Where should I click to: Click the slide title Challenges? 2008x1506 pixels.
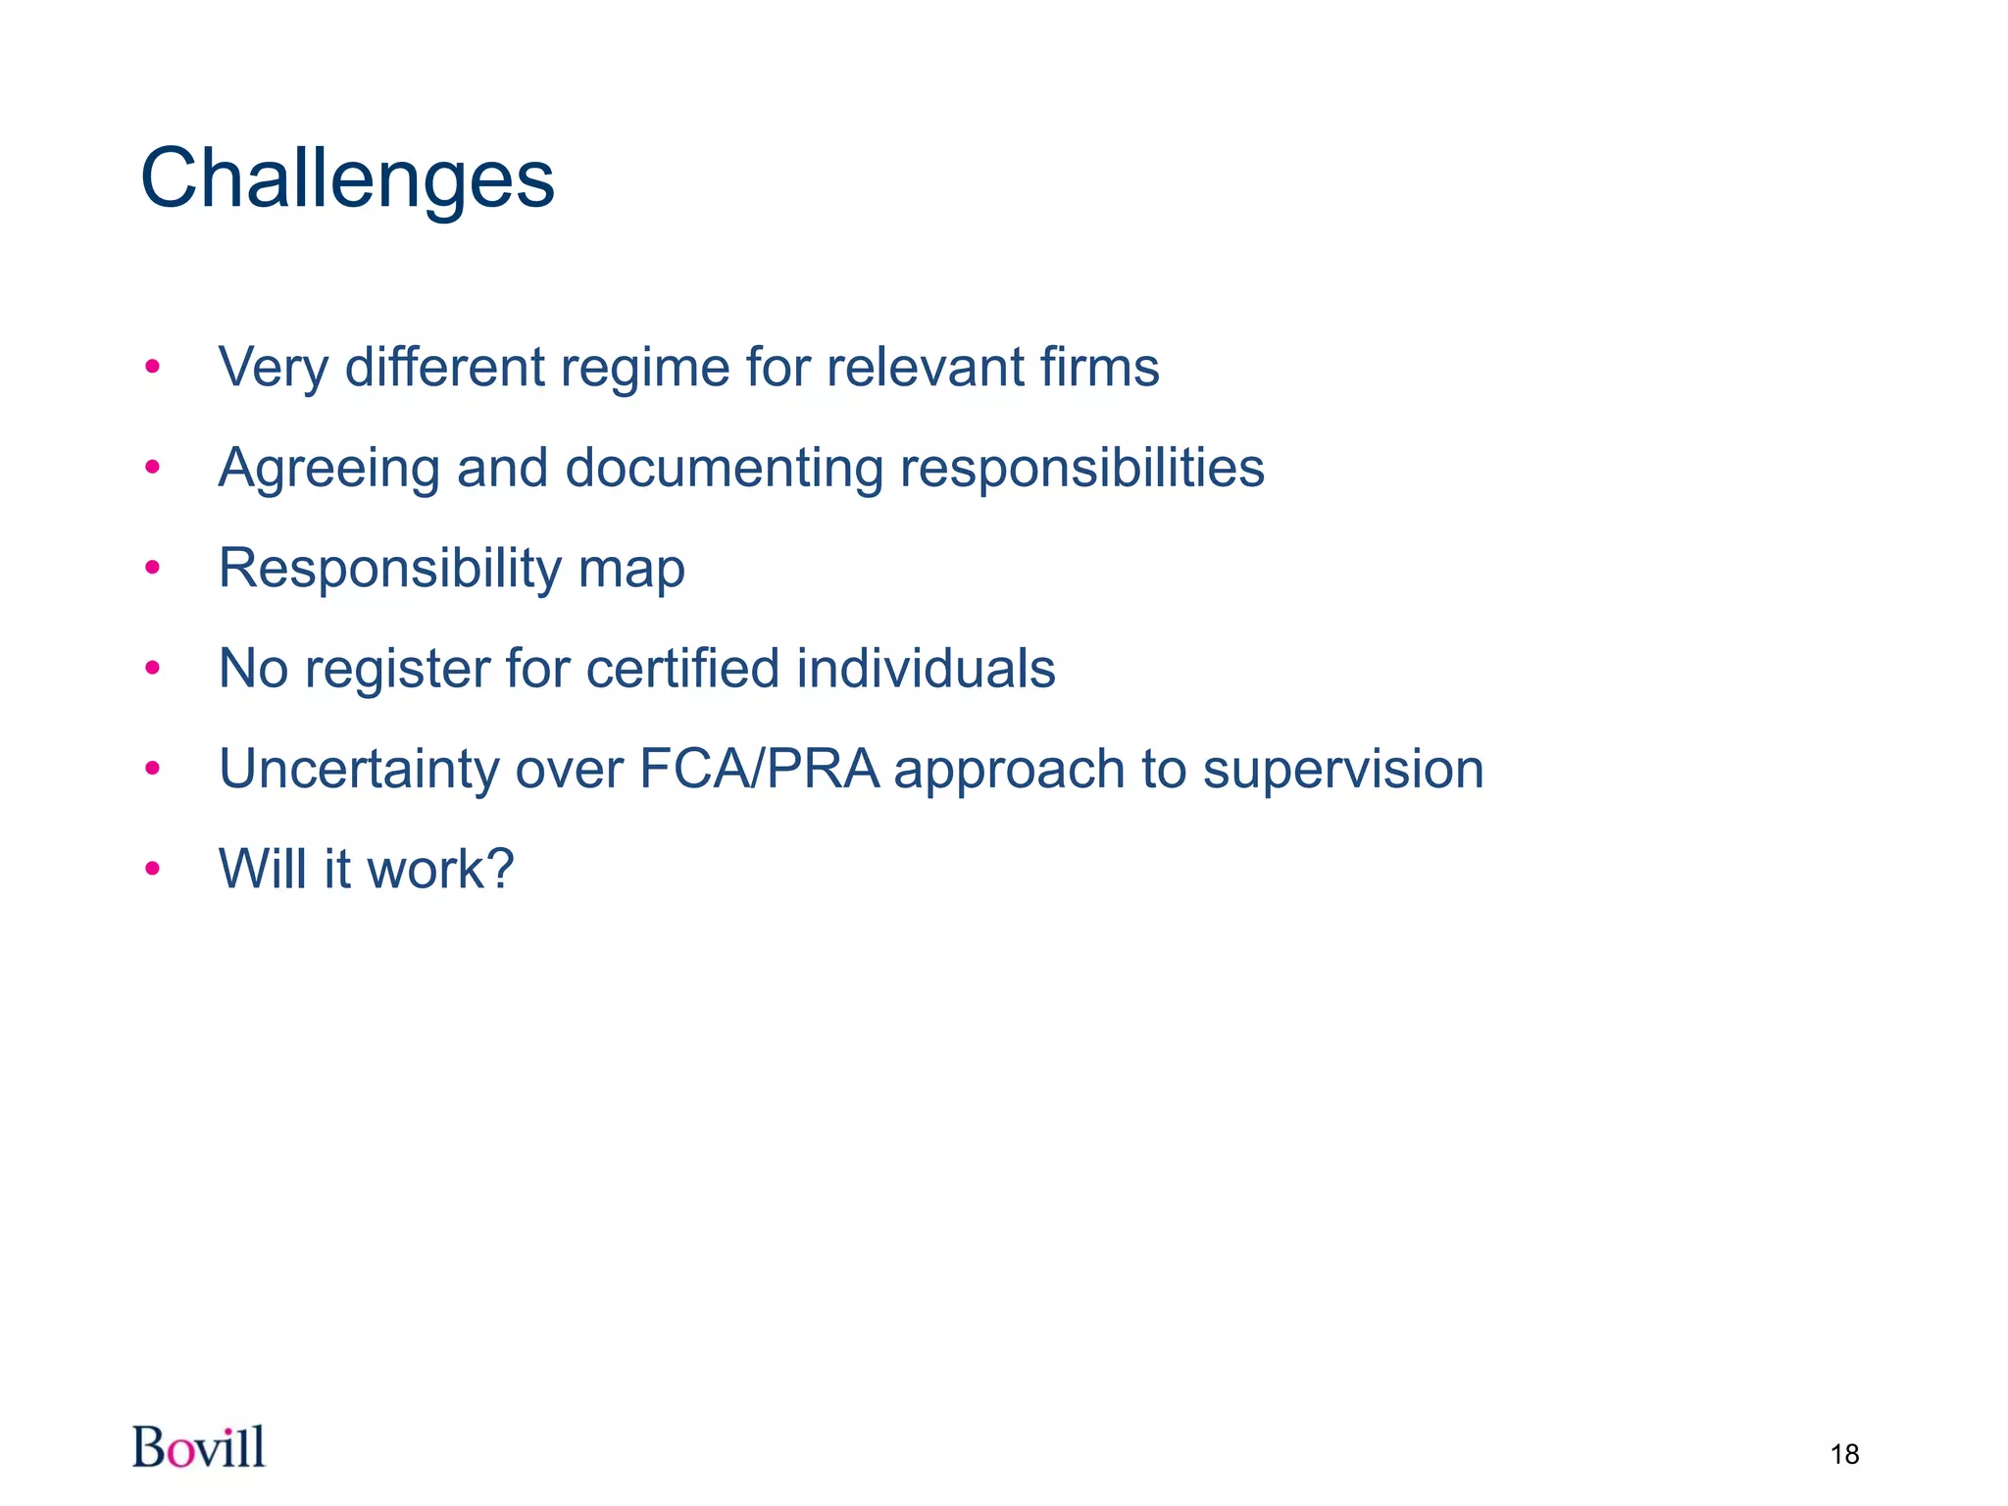tap(347, 179)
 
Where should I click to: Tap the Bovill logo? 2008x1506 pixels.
tap(199, 1447)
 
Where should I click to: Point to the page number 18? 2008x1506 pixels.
tap(1844, 1454)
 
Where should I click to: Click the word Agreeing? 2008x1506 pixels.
tap(327, 469)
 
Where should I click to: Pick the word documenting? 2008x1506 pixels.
tap(724, 469)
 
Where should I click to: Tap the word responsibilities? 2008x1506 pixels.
tap(1082, 469)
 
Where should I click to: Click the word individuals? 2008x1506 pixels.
tap(926, 668)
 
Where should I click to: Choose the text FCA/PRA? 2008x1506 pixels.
tap(759, 769)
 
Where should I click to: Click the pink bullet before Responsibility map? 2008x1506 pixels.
tap(152, 568)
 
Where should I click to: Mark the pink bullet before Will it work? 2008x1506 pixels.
tap(152, 869)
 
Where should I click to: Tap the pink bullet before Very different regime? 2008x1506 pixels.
tap(152, 367)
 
